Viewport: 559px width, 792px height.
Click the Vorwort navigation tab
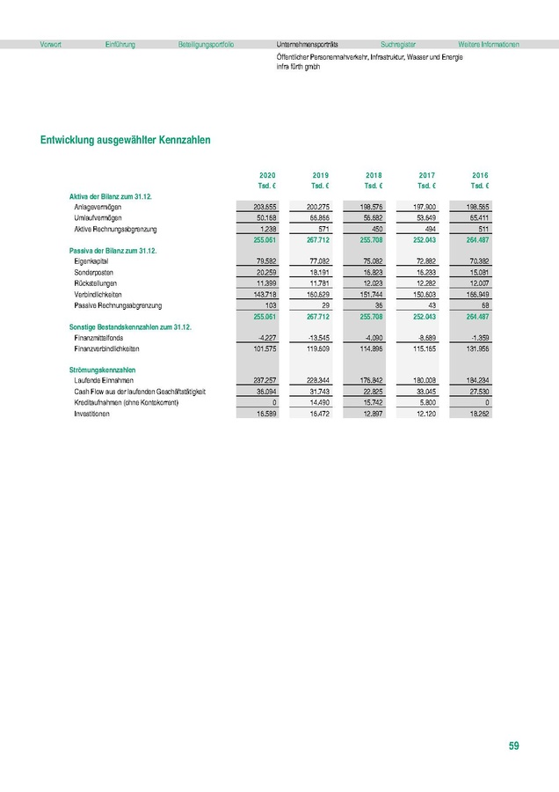tap(51, 44)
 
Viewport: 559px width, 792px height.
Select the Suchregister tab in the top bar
tap(398, 44)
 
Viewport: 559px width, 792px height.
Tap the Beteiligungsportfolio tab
tap(206, 44)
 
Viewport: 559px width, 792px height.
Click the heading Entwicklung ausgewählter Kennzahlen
tap(125, 139)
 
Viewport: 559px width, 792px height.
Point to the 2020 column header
tap(267, 175)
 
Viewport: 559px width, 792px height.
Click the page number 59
tap(513, 746)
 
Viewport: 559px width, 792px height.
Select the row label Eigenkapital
tap(92, 261)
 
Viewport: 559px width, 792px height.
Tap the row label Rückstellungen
tap(96, 283)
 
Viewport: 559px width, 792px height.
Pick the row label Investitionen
tap(96, 413)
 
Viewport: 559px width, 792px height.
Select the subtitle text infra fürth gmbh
tap(298, 67)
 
